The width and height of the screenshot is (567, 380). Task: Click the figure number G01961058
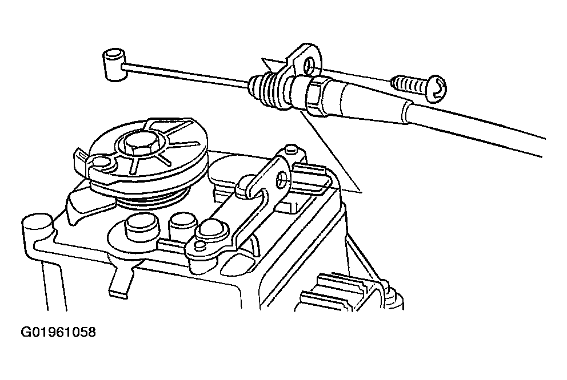point(58,332)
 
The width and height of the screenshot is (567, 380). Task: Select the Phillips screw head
point(437,88)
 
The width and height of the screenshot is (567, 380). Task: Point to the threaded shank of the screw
point(410,85)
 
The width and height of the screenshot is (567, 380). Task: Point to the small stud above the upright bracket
point(291,149)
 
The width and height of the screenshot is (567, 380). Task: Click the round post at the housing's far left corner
point(36,227)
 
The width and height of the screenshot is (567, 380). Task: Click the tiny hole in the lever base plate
point(198,246)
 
